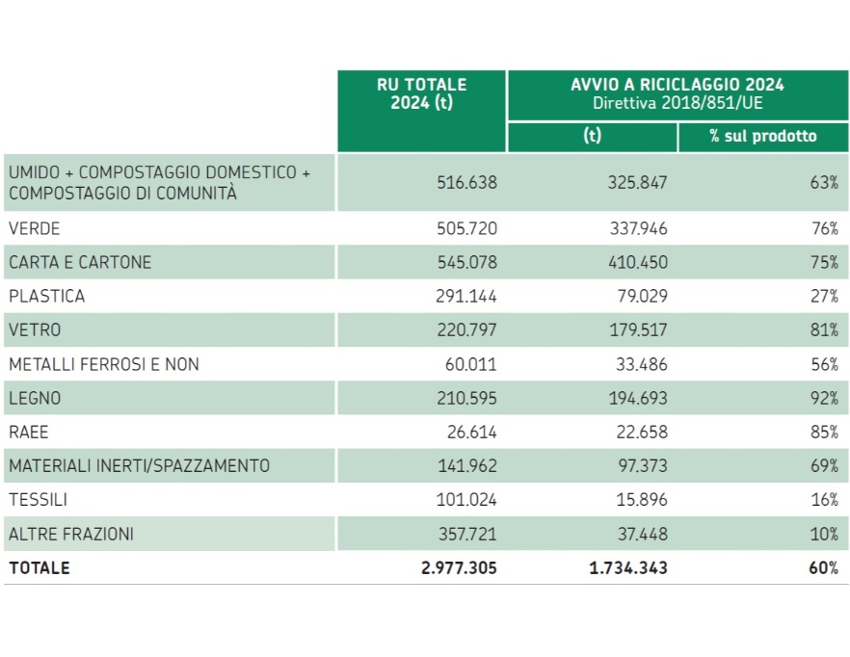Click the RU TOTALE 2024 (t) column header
pyautogui.click(x=422, y=94)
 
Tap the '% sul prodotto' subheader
pyautogui.click(x=762, y=137)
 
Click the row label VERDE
pyautogui.click(x=35, y=228)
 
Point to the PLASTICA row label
pyautogui.click(x=47, y=296)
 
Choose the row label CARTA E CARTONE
pyautogui.click(x=80, y=262)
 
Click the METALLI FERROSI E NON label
pyautogui.click(x=104, y=364)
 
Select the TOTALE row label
pyautogui.click(x=40, y=567)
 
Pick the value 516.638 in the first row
pyautogui.click(x=466, y=182)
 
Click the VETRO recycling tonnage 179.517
pyautogui.click(x=636, y=329)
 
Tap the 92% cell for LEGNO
pyautogui.click(x=824, y=398)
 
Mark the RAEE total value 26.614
pyautogui.click(x=471, y=432)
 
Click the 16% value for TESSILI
pyautogui.click(x=824, y=500)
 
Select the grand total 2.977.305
pyautogui.click(x=460, y=567)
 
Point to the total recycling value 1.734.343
pyautogui.click(x=628, y=567)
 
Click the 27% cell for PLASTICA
pyautogui.click(x=824, y=296)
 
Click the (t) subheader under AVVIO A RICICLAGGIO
pyautogui.click(x=592, y=137)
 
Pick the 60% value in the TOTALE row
pyautogui.click(x=823, y=567)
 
